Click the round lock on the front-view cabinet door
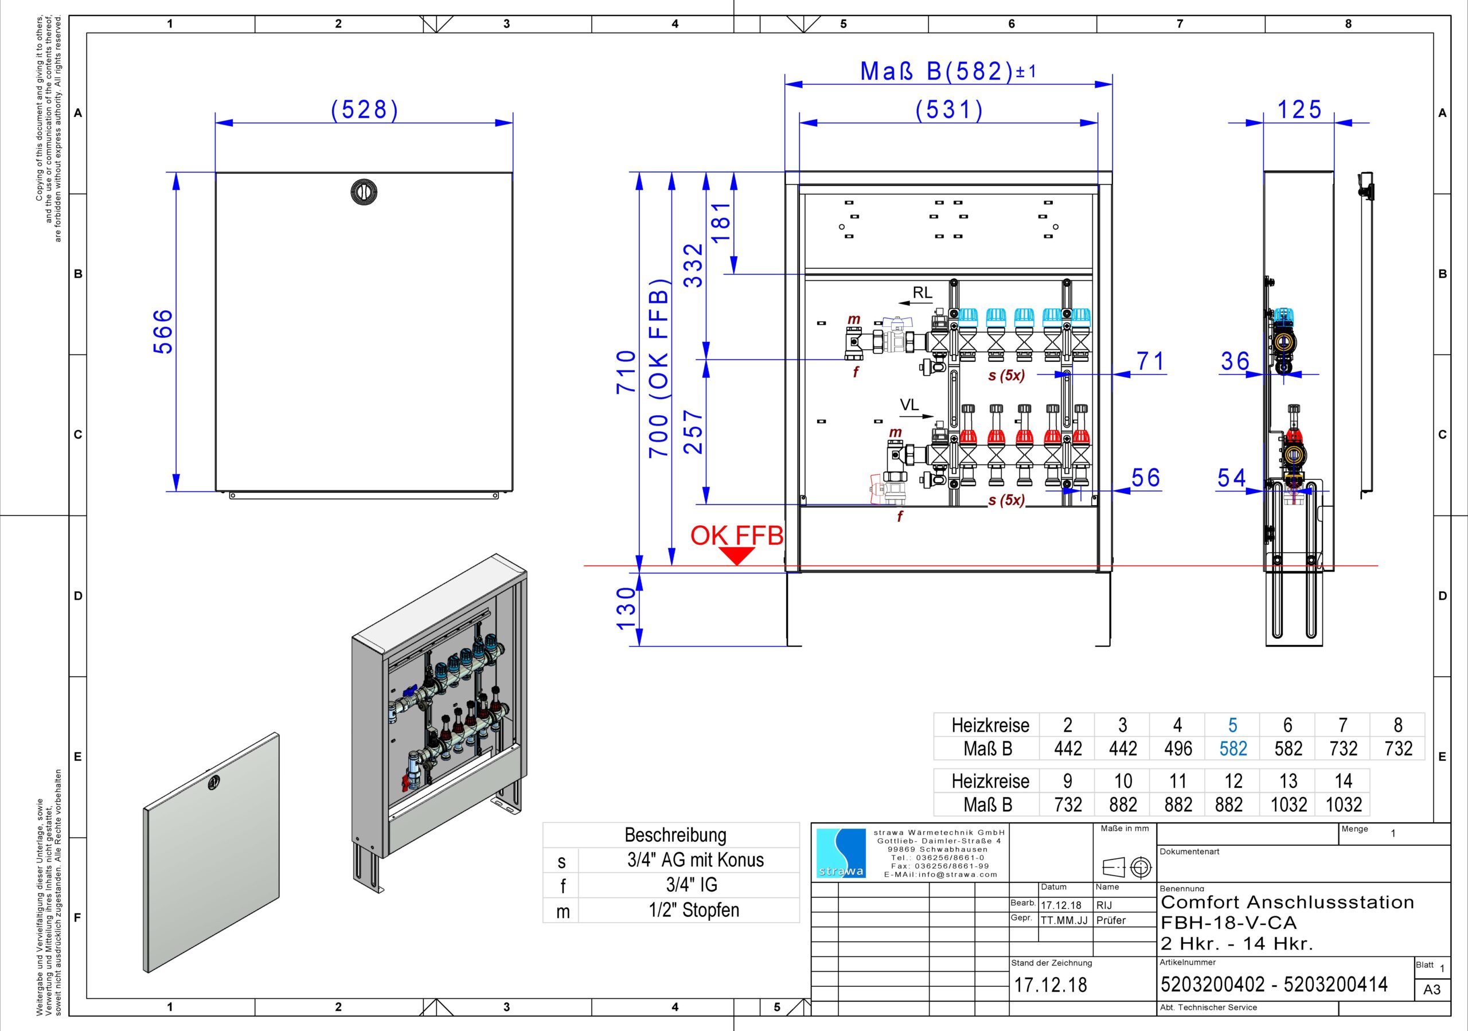tap(364, 192)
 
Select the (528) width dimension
tap(365, 110)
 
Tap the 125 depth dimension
tap(1299, 110)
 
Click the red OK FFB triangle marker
tap(737, 556)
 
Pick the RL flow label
tap(922, 293)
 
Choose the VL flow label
tap(909, 405)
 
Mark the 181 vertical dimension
tap(721, 222)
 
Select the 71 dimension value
tap(1151, 361)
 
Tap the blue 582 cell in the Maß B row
tap(1233, 748)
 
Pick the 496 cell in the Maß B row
tap(1178, 748)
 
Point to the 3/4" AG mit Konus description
tap(695, 860)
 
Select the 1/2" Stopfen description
tap(694, 910)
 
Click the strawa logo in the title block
tap(841, 853)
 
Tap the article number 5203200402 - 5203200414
tap(1274, 985)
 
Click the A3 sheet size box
tap(1432, 990)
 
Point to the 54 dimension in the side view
tap(1231, 478)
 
